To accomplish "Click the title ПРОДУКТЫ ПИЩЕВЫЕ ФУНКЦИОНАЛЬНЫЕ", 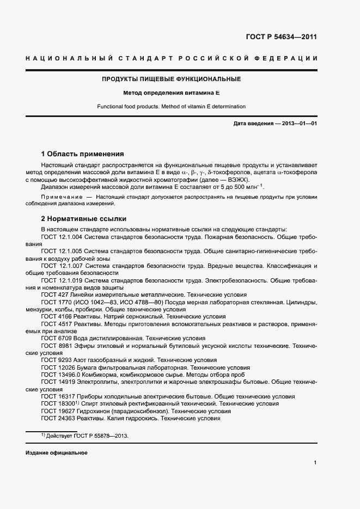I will pyautogui.click(x=171, y=79).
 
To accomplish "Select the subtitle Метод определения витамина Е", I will pyautogui.click(x=171, y=93).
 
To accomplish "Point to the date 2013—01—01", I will pyautogui.click(x=298, y=124).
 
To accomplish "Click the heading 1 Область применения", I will pyautogui.click(x=82, y=154).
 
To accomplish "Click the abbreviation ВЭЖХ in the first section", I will pyautogui.click(x=238, y=179).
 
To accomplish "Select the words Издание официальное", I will pyautogui.click(x=56, y=453).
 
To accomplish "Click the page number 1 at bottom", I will pyautogui.click(x=315, y=462).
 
